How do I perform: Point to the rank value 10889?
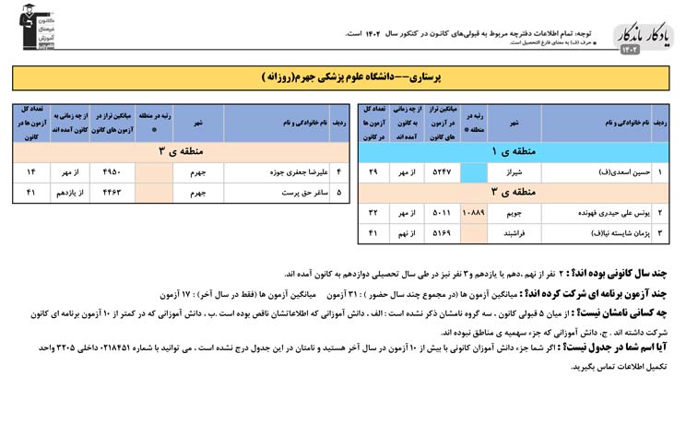472,212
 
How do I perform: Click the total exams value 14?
30,171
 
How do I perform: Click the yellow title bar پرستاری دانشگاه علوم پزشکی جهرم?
343,77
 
